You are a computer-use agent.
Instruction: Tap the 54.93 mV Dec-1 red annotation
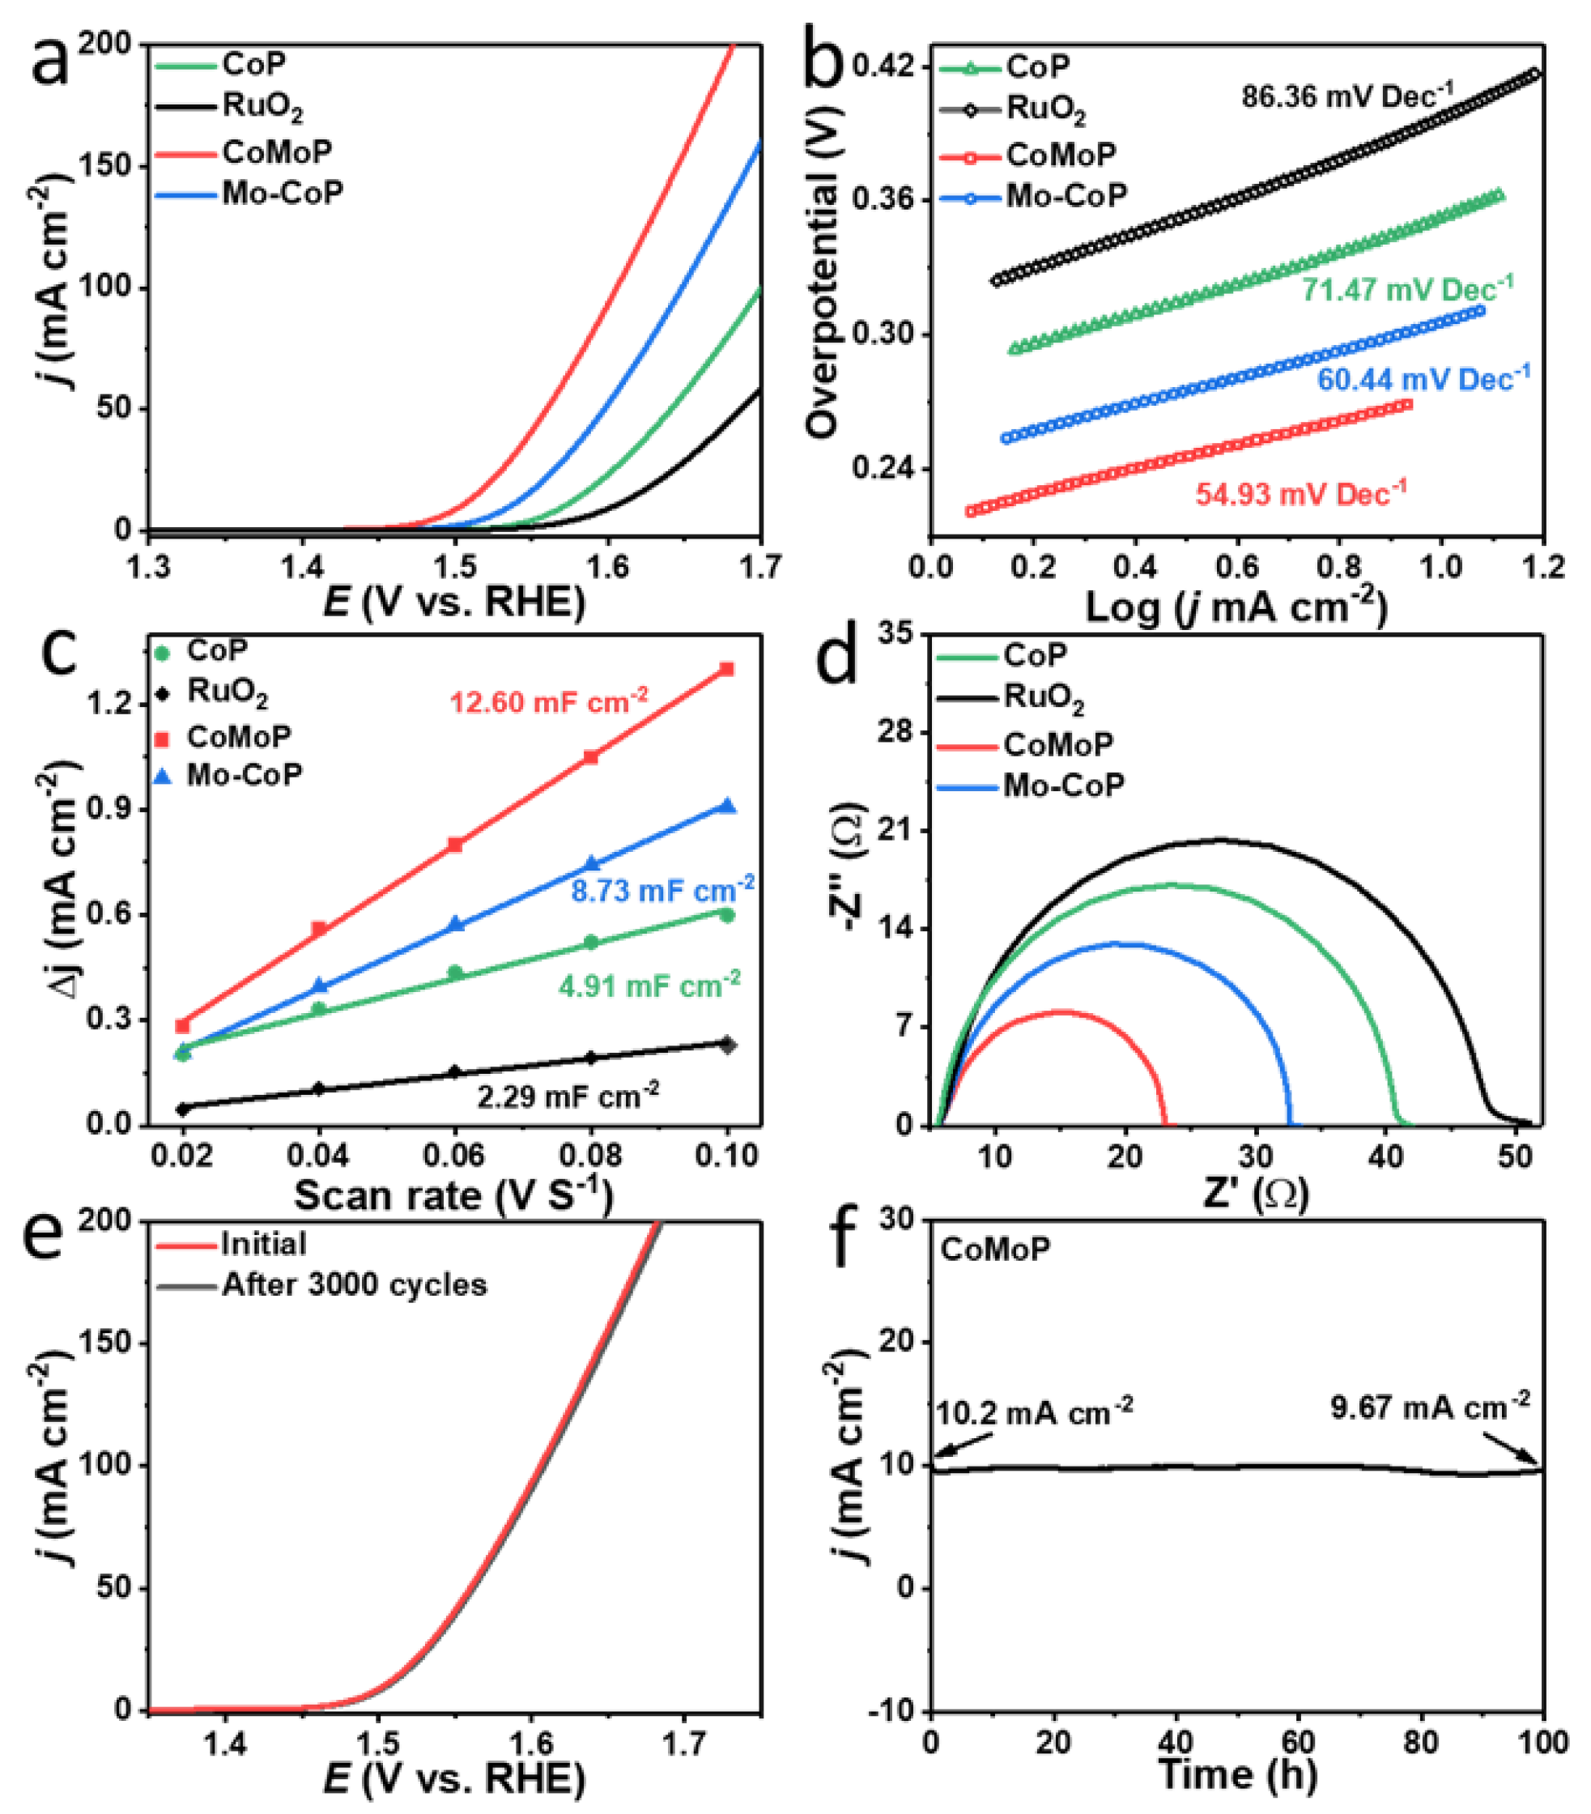coord(1301,493)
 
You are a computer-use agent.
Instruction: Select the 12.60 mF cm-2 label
coord(548,701)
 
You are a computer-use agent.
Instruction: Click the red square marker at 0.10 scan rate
coord(727,669)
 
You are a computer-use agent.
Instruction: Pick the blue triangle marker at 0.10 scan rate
coord(728,806)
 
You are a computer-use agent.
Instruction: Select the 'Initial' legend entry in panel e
coord(263,1243)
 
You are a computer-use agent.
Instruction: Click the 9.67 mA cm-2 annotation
coord(1430,1407)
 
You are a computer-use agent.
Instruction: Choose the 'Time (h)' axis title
coord(1237,1774)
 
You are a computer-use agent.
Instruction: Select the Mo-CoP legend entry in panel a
coord(283,193)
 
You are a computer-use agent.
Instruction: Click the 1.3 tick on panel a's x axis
coord(148,566)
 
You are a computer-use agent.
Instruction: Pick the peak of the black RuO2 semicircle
coord(1219,839)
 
